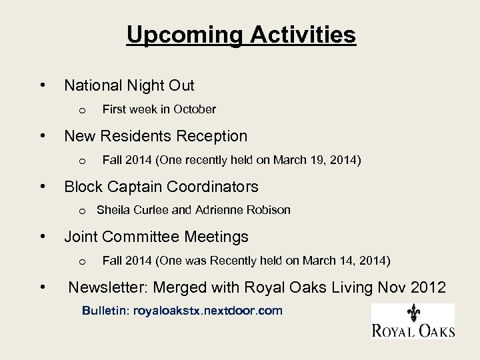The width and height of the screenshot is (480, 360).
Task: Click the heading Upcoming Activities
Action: (x=241, y=35)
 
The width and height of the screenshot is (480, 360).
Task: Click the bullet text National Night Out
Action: (x=129, y=85)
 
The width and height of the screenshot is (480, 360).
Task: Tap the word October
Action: (x=195, y=109)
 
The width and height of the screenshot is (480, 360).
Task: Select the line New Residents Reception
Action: (x=155, y=136)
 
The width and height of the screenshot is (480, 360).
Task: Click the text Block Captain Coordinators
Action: (x=161, y=187)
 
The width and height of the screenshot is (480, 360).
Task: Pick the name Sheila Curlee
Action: (x=131, y=210)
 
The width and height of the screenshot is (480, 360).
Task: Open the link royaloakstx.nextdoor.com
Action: (x=208, y=311)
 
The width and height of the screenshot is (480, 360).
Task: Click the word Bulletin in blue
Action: (x=105, y=311)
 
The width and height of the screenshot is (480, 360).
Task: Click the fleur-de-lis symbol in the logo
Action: (x=413, y=313)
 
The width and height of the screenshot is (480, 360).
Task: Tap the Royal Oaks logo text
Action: (x=413, y=329)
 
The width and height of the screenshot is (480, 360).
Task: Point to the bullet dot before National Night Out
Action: (x=43, y=85)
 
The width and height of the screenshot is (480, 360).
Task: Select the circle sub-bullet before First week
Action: (x=81, y=109)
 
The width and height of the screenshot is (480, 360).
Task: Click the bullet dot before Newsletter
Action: (x=43, y=288)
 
